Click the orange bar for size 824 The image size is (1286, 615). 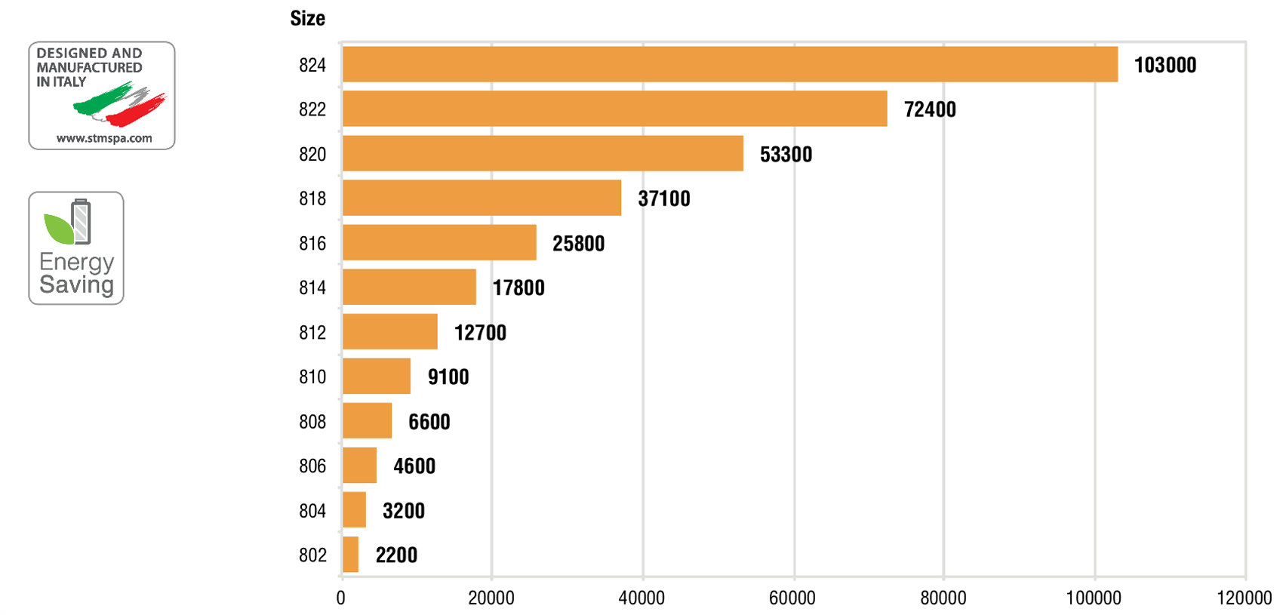coord(730,64)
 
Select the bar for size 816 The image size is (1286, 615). coord(439,242)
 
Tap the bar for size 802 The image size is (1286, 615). coord(350,555)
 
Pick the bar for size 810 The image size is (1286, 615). coord(377,376)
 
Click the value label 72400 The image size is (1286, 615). coord(930,109)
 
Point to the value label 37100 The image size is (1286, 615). coord(664,198)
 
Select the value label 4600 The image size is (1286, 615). coord(414,466)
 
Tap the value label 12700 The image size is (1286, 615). coord(480,332)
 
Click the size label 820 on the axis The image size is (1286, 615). coord(312,154)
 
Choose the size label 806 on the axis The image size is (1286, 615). coord(312,466)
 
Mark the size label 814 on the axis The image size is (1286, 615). coord(312,288)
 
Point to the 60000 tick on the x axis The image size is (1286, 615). coord(792,598)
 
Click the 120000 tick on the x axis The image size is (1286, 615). coord(1244,598)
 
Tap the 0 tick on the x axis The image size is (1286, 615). coord(341,598)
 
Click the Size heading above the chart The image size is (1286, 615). coord(308,18)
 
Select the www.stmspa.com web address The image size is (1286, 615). coord(104,138)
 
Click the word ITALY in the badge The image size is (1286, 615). coord(69,81)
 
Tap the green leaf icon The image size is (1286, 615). coord(58,228)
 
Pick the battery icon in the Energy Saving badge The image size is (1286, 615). coord(82,221)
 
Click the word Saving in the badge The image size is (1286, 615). coord(76,284)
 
